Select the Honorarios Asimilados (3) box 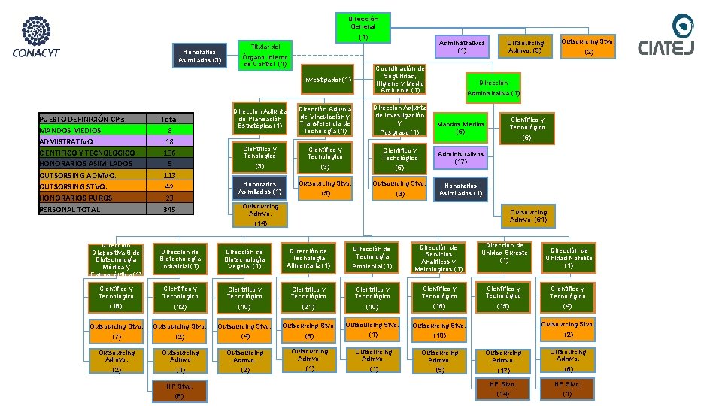point(199,56)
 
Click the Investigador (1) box point(327,80)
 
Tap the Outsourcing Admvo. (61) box point(528,216)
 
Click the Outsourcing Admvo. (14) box point(260,214)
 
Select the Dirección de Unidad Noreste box point(568,258)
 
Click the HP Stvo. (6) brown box point(179,390)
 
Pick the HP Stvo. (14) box point(503,389)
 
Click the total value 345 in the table point(169,209)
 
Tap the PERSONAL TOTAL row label point(69,209)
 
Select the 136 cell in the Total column point(169,153)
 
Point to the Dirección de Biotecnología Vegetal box point(244,259)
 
